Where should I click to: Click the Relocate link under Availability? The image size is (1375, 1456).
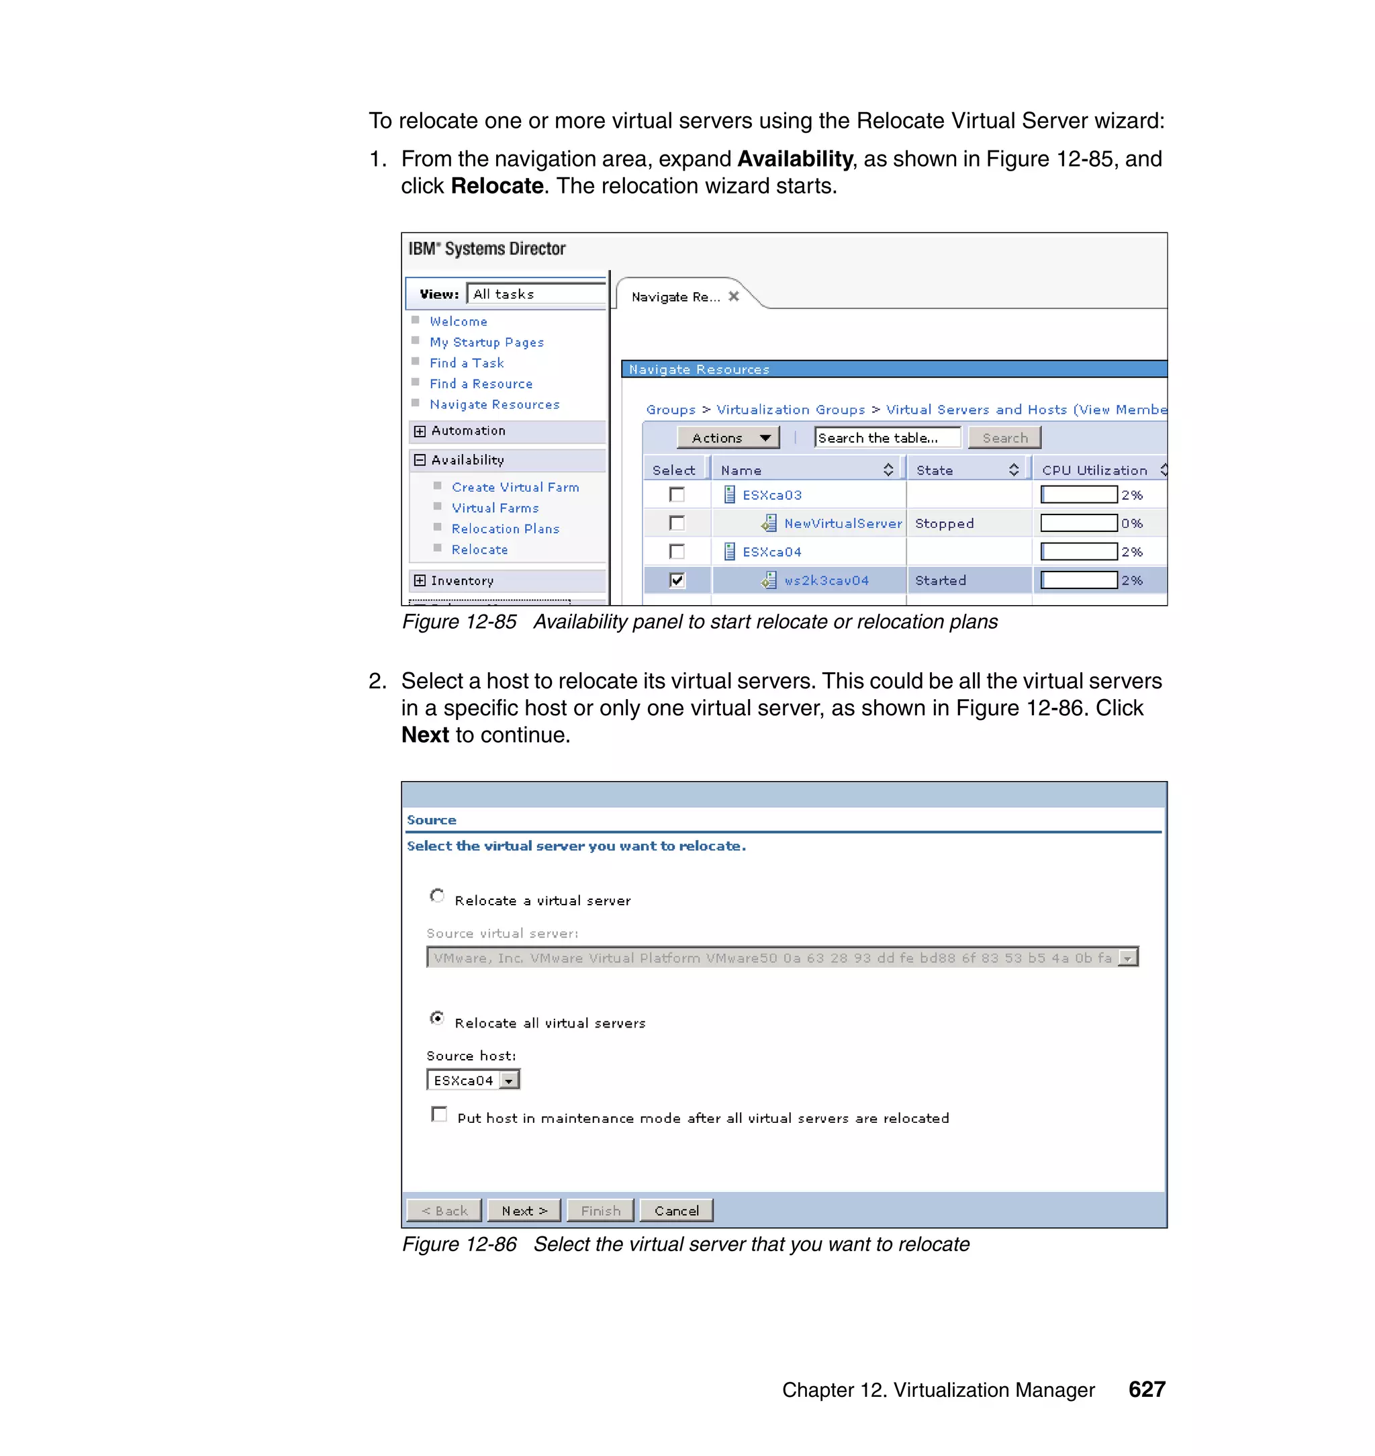(x=479, y=549)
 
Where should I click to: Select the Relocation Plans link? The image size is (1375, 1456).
(x=505, y=529)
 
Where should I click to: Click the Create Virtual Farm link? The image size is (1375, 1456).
(x=514, y=487)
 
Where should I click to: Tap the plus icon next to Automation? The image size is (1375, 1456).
(x=419, y=431)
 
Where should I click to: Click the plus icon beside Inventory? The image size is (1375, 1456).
(x=419, y=581)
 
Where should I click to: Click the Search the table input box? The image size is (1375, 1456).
(x=887, y=438)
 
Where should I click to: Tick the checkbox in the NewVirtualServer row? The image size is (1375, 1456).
(x=677, y=523)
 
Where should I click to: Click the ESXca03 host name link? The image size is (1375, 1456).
(x=772, y=495)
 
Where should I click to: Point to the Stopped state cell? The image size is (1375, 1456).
(x=944, y=523)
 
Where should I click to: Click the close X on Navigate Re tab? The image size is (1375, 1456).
(x=734, y=296)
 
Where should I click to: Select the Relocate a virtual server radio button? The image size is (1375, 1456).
(x=437, y=896)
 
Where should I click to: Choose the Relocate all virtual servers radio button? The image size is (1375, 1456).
(x=437, y=1018)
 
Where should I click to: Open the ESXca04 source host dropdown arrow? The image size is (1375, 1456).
(x=509, y=1081)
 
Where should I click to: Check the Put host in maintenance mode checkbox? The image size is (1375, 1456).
(x=439, y=1114)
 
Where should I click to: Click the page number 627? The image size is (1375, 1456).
(x=1146, y=1390)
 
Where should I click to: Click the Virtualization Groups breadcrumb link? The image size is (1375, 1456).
(x=790, y=410)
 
